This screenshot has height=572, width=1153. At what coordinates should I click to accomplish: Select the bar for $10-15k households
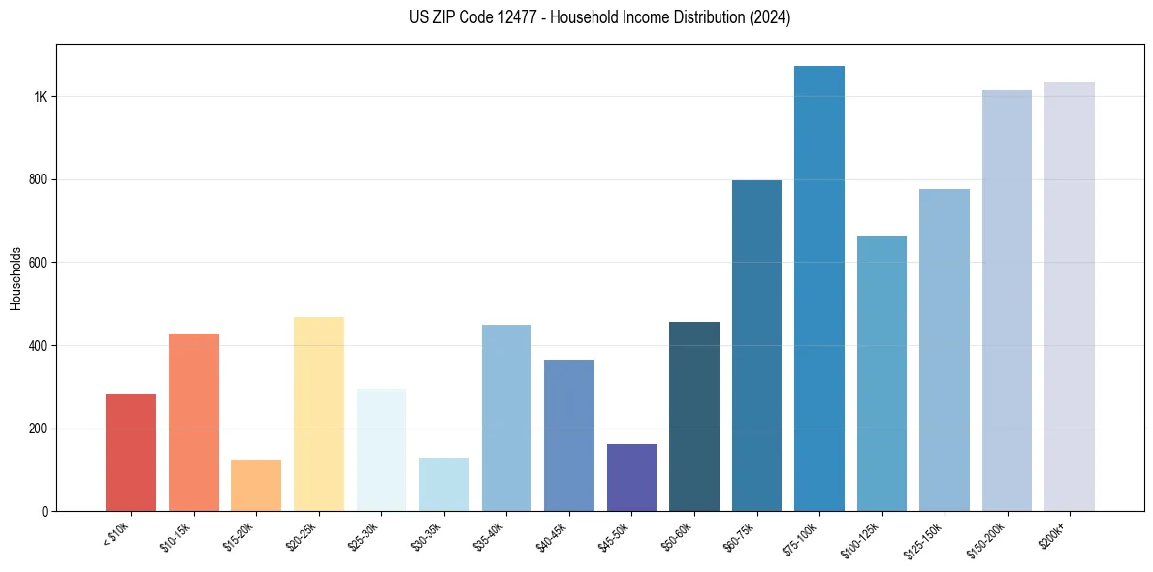click(x=194, y=422)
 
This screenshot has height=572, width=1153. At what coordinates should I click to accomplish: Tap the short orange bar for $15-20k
click(x=256, y=485)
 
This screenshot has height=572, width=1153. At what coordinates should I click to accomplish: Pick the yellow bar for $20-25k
click(x=319, y=414)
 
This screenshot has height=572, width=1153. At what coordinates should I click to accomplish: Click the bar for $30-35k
click(x=444, y=484)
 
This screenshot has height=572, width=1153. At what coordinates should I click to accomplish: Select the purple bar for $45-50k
click(x=631, y=477)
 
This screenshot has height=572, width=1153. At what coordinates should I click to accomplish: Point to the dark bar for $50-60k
click(x=694, y=416)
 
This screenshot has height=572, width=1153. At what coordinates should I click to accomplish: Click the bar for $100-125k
click(x=881, y=373)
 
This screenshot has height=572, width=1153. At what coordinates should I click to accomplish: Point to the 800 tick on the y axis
click(x=40, y=179)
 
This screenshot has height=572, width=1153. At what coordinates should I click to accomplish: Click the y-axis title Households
click(x=16, y=278)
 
